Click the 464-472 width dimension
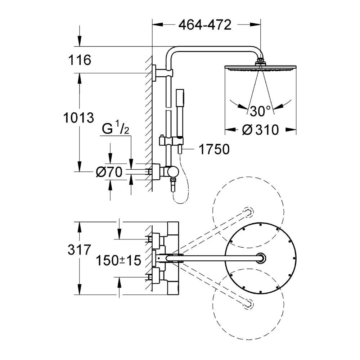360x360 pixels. [204, 25]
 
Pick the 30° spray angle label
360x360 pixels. [261, 112]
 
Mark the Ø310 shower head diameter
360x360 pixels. [261, 130]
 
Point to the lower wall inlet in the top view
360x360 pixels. [153, 277]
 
